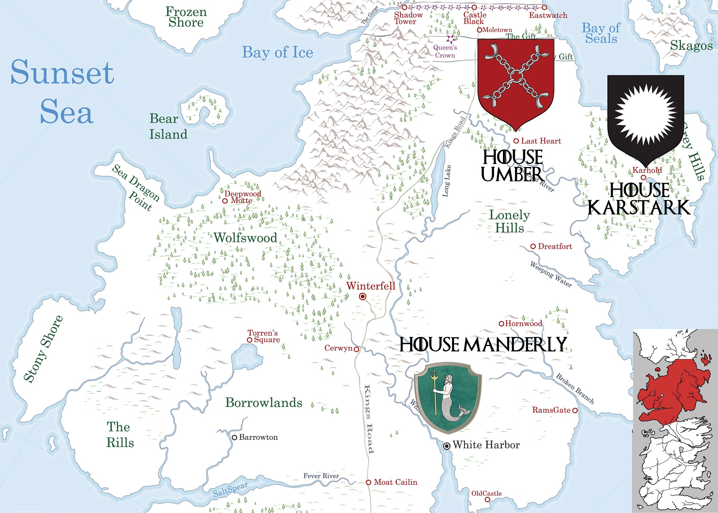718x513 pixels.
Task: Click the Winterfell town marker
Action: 362,297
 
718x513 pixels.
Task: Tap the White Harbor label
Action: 486,445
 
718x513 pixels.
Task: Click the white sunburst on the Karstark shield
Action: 646,114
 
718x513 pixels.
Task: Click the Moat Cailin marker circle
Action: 368,483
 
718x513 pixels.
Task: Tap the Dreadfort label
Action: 555,247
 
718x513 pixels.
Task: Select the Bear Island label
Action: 168,126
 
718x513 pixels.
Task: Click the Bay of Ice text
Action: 277,53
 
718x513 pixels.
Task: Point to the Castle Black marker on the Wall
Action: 474,8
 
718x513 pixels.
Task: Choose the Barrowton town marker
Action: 235,438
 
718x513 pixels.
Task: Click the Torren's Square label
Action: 264,336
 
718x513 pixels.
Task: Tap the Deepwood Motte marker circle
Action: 225,201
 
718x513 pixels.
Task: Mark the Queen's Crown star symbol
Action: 451,39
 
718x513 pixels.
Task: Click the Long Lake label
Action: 447,181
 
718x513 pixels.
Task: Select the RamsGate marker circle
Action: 575,410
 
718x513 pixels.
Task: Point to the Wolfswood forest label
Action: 245,238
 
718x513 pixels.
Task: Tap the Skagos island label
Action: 691,46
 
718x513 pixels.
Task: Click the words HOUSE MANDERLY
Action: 483,345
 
